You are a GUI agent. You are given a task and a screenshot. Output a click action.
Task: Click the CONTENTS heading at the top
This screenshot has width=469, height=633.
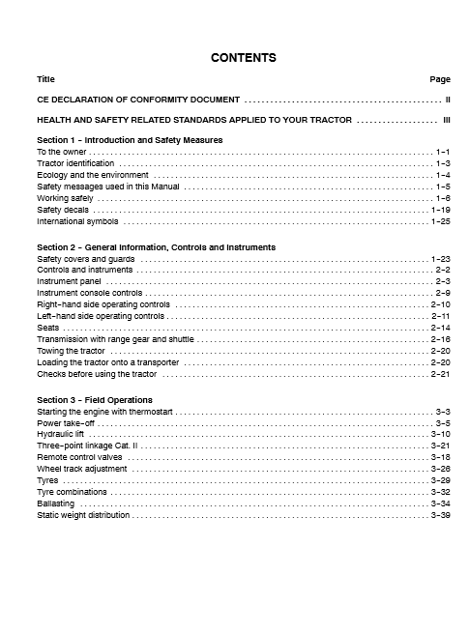pyautogui.click(x=244, y=58)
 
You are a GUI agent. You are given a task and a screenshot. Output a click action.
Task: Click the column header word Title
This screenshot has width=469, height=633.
pyautogui.click(x=45, y=77)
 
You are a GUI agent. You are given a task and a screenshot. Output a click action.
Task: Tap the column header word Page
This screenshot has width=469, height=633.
pyautogui.click(x=440, y=77)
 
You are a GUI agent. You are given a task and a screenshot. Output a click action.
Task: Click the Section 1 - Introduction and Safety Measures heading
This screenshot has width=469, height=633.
pyautogui.click(x=130, y=140)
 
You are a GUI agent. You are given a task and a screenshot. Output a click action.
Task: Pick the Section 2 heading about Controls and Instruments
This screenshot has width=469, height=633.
pyautogui.click(x=142, y=247)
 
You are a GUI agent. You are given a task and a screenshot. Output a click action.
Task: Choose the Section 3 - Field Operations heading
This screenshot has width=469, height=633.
pyautogui.click(x=94, y=400)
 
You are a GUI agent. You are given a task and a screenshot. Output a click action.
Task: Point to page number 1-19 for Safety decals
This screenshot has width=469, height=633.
pyautogui.click(x=439, y=210)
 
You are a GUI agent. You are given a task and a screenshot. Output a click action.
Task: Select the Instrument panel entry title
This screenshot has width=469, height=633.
pyautogui.click(x=69, y=281)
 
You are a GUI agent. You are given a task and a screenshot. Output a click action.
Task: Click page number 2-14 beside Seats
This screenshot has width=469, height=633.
pyautogui.click(x=440, y=328)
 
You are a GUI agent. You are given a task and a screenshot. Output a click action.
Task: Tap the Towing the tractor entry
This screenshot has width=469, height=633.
pyautogui.click(x=71, y=351)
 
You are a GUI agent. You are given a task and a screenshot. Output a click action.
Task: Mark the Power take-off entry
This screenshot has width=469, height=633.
pyautogui.click(x=66, y=423)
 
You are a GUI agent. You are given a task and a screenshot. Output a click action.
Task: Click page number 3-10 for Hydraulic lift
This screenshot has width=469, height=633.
pyautogui.click(x=440, y=435)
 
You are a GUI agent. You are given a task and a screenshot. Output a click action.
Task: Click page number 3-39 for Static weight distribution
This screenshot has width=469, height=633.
pyautogui.click(x=440, y=515)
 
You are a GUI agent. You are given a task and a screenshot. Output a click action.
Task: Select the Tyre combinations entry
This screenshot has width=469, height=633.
pyautogui.click(x=71, y=492)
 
